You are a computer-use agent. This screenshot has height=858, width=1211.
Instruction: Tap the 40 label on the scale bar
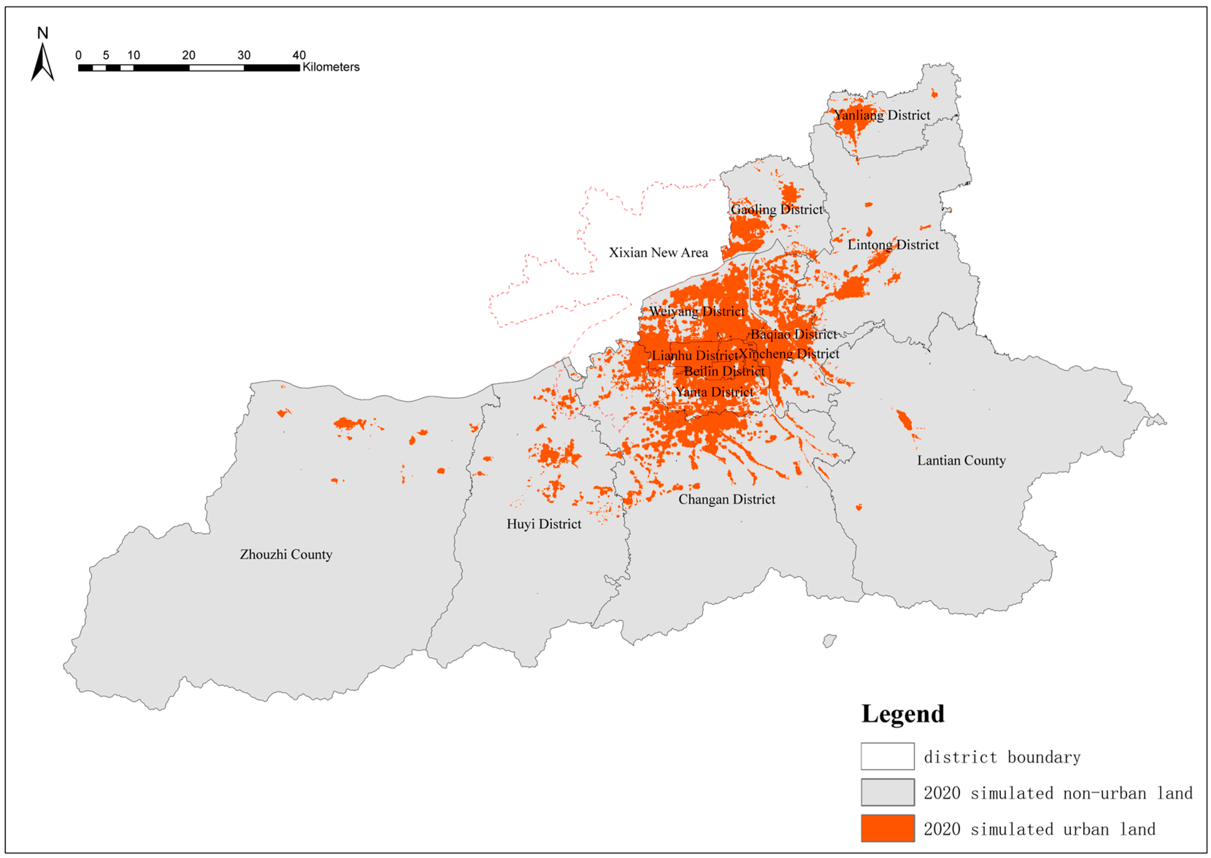(x=299, y=55)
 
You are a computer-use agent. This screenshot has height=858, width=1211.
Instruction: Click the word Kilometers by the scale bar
(x=331, y=67)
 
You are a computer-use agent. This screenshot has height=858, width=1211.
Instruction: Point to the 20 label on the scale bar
(x=189, y=55)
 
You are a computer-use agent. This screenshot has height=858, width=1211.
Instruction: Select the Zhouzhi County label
(x=286, y=554)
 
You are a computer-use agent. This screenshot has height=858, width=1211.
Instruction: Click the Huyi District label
(x=544, y=524)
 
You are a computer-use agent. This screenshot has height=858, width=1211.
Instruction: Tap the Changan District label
(x=727, y=499)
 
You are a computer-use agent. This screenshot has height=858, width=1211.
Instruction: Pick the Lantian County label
(x=961, y=460)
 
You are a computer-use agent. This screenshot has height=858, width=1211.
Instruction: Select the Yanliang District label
(x=882, y=115)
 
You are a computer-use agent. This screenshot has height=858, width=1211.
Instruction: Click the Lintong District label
(x=893, y=245)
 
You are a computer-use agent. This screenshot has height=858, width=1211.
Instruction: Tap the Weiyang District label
(x=697, y=311)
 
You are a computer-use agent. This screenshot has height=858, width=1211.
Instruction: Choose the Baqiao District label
(x=793, y=334)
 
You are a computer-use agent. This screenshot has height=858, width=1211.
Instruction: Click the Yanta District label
(x=714, y=392)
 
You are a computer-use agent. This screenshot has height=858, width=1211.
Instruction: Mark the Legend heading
(x=903, y=714)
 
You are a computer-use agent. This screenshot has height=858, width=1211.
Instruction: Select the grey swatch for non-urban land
(x=887, y=792)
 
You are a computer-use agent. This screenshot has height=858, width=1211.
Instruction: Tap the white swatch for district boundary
(x=887, y=756)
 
